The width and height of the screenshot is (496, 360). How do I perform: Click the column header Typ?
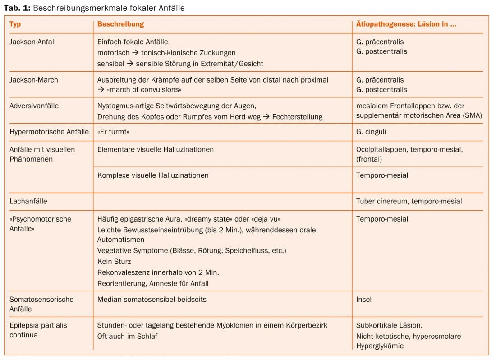click(15, 24)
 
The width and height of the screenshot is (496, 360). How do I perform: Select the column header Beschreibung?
click(120, 24)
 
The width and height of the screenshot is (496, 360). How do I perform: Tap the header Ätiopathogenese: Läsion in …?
click(406, 24)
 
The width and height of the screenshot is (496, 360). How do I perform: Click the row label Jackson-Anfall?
click(32, 42)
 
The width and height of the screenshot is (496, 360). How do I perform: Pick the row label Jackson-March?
click(34, 80)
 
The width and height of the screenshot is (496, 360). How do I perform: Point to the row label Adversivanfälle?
click(34, 106)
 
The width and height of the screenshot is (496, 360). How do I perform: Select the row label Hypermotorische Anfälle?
click(49, 132)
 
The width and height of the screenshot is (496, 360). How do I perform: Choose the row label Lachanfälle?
click(28, 202)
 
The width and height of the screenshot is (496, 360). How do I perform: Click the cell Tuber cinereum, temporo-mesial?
click(409, 202)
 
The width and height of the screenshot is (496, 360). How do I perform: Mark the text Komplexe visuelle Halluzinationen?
click(153, 175)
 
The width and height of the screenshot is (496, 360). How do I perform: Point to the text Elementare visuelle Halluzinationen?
click(156, 149)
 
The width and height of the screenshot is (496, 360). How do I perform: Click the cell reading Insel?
click(364, 299)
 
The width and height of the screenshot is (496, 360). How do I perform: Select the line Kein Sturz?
click(114, 262)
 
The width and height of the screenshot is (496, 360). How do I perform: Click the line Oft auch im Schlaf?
click(128, 336)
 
